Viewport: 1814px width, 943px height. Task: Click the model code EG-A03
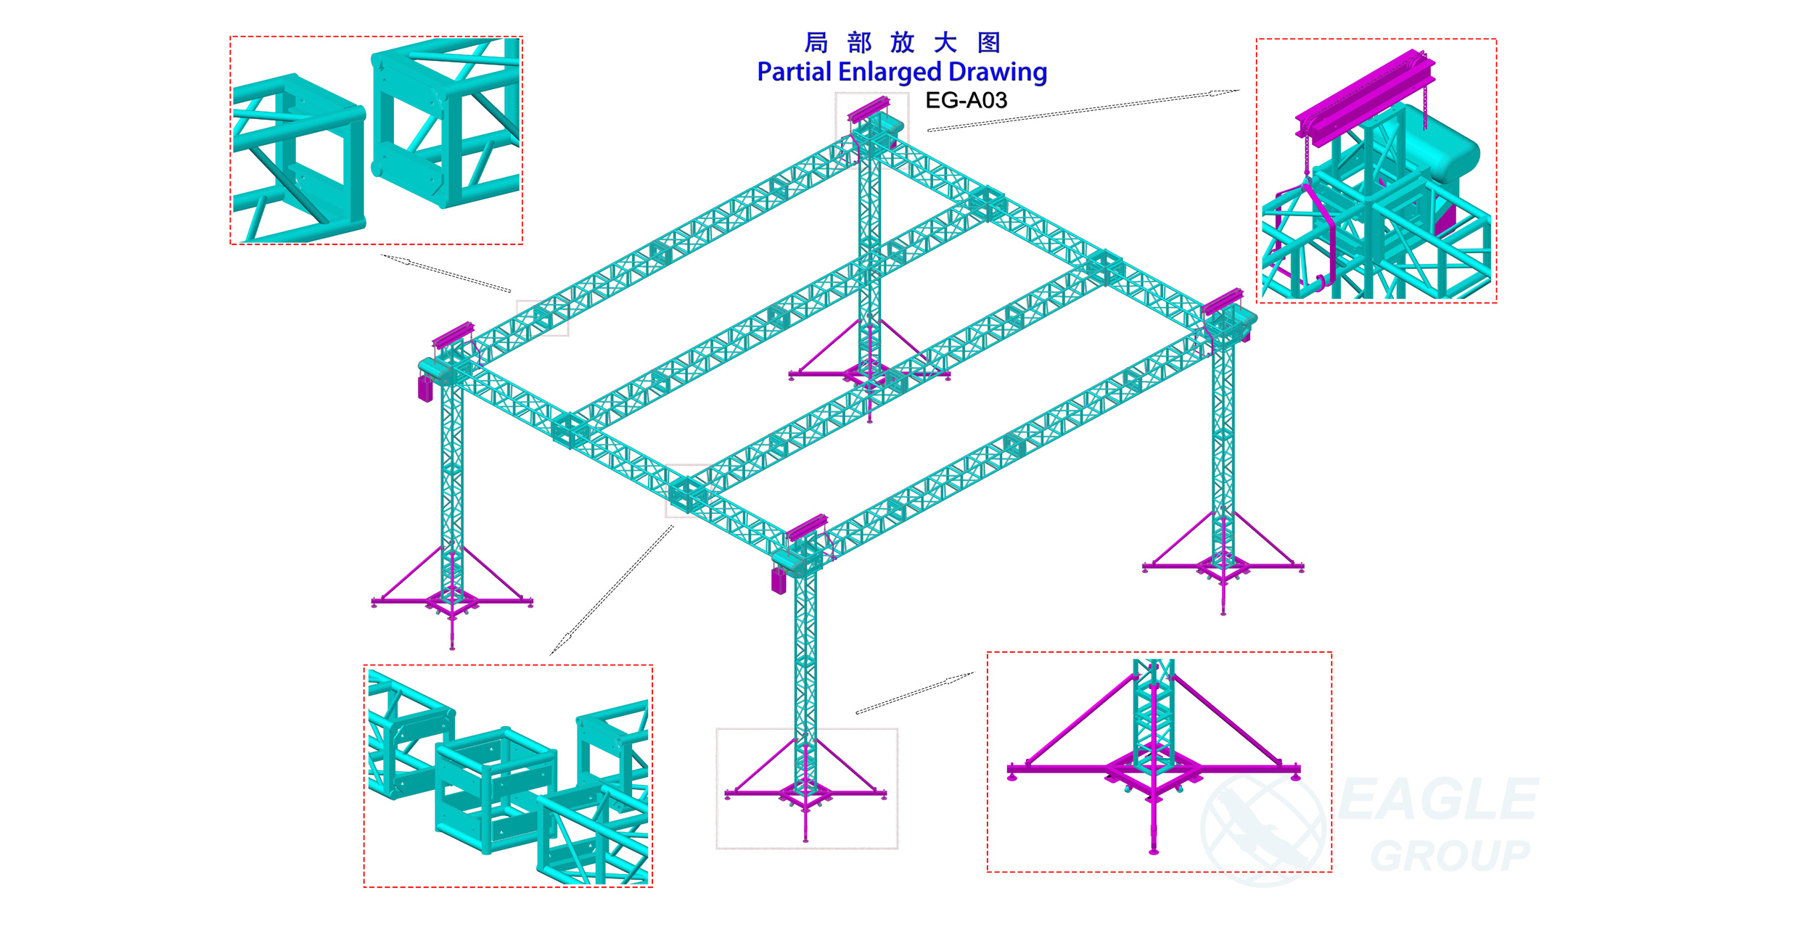pos(966,100)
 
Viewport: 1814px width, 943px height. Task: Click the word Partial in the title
pos(794,72)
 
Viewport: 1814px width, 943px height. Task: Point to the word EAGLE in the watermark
pos(1438,799)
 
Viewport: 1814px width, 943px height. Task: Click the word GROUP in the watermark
pos(1450,856)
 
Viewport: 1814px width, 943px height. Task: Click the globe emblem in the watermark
pos(1263,829)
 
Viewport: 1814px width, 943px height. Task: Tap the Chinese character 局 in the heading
pos(816,43)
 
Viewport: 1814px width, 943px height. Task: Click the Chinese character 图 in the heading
pos(989,43)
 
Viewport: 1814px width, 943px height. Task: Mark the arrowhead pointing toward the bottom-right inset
pos(960,678)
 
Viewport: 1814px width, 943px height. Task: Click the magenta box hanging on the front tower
pos(779,581)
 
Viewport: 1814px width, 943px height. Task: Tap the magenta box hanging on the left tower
pos(425,387)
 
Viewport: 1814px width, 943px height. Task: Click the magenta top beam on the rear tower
pos(869,108)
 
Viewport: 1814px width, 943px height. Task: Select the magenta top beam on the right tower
pos(1223,301)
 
